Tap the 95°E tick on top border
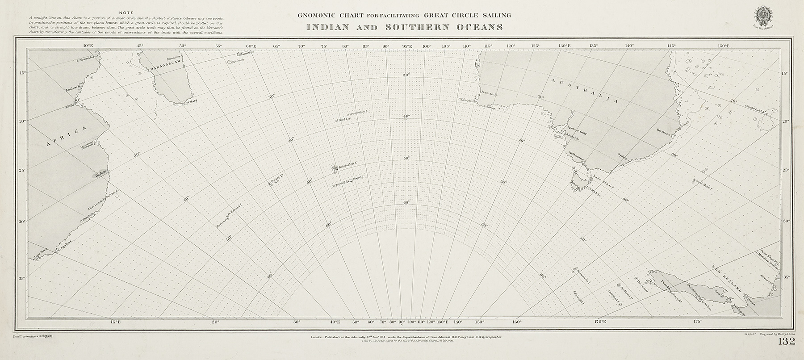coord(407,46)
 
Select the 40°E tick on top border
coord(87,46)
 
